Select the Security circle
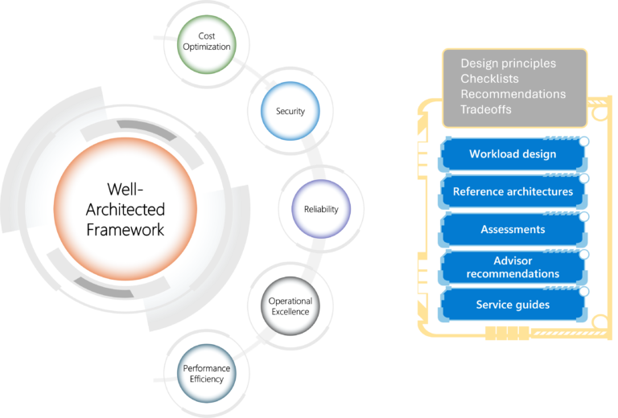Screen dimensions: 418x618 (x=290, y=111)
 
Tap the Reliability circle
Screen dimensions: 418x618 (x=321, y=209)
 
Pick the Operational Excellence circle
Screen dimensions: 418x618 (x=290, y=306)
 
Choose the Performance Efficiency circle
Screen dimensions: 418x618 (x=207, y=374)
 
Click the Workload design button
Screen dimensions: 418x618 (x=513, y=154)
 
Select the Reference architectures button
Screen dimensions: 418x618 (x=513, y=192)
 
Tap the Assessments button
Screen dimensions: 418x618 (x=513, y=230)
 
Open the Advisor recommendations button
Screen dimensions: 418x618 (x=513, y=268)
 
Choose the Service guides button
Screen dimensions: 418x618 (x=513, y=305)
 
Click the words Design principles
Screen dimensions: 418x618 (x=508, y=64)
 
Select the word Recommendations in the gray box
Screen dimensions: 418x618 (x=513, y=94)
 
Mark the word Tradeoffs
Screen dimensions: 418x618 (x=485, y=109)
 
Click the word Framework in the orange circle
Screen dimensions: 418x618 (x=125, y=230)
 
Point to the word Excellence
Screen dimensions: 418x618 (x=290, y=312)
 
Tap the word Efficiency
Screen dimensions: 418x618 (x=207, y=379)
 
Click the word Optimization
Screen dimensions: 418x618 (x=207, y=47)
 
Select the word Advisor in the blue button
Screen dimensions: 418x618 (x=513, y=261)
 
